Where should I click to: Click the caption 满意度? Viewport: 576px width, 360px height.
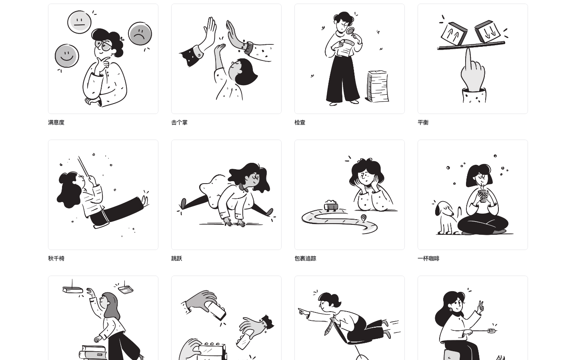(56, 122)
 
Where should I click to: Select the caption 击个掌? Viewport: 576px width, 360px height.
(179, 122)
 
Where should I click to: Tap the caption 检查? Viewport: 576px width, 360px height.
(300, 122)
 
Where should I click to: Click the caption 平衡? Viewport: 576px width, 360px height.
(423, 122)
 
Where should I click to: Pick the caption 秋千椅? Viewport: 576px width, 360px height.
(56, 258)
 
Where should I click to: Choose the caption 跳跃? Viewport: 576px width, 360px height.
(177, 258)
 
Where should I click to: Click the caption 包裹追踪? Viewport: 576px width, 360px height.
(305, 258)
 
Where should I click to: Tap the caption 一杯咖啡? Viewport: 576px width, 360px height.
(428, 258)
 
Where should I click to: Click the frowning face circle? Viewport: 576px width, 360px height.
(140, 34)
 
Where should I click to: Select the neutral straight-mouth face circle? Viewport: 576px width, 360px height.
(80, 22)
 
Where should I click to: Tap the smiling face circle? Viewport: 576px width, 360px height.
(67, 56)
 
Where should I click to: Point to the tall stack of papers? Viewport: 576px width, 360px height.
(378, 86)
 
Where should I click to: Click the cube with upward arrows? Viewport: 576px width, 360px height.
(454, 34)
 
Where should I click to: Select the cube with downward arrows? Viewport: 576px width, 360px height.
(488, 31)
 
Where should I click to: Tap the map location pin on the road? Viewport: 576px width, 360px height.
(363, 218)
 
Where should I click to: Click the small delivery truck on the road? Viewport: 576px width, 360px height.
(331, 206)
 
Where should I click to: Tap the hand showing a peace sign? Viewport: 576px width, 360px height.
(480, 307)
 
